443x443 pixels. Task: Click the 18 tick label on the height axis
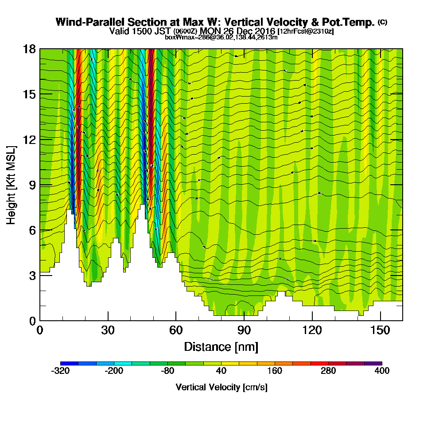point(29,49)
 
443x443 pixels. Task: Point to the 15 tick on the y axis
point(29,94)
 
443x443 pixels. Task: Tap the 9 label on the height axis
point(32,185)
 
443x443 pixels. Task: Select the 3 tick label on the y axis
point(32,276)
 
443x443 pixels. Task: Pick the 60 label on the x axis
point(176,330)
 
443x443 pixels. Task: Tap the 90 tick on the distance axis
point(244,330)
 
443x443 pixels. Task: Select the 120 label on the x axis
point(312,330)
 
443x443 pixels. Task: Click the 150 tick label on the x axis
point(380,330)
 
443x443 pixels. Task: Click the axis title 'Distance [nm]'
point(221,346)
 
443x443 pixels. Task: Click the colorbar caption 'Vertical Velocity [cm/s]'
point(221,387)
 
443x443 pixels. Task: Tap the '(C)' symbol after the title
point(382,22)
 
